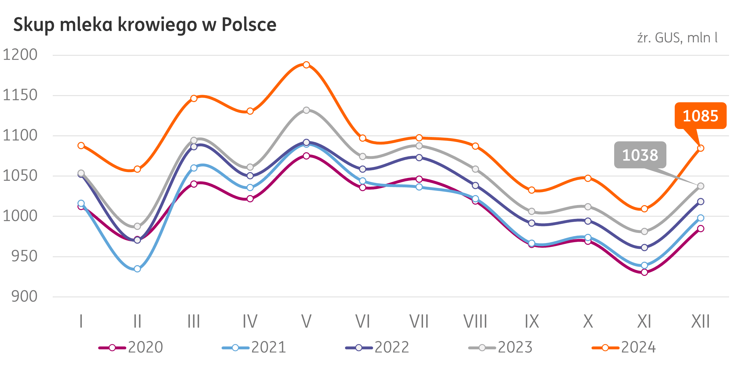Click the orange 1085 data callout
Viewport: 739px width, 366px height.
tap(700, 116)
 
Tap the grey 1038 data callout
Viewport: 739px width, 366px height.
tap(640, 155)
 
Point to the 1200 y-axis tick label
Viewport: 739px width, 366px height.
tap(20, 55)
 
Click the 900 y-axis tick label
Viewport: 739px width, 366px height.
tap(24, 296)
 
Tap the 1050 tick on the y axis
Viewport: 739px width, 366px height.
tap(20, 176)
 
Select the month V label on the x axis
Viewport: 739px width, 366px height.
tap(306, 321)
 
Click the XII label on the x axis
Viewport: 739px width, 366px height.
tap(700, 321)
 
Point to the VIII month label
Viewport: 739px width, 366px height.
tap(475, 321)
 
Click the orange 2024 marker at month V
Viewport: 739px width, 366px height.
tap(306, 65)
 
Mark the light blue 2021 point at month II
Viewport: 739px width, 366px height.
tap(137, 269)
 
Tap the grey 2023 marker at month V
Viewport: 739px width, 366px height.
tap(306, 110)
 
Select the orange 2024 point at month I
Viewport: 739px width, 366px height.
tap(81, 145)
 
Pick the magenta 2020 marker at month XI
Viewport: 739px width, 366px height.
tap(644, 272)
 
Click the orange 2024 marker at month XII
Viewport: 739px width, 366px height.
tap(701, 148)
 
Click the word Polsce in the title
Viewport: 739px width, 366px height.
tap(249, 25)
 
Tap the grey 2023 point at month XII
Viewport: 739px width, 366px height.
tap(701, 186)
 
